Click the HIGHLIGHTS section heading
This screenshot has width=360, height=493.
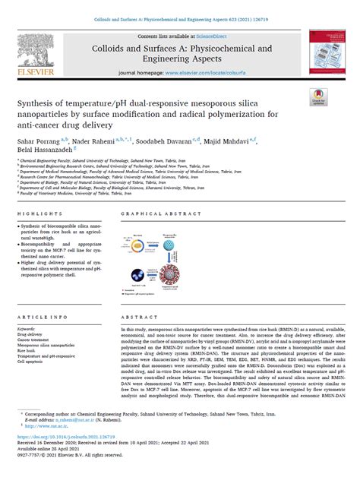[x=39, y=215]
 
